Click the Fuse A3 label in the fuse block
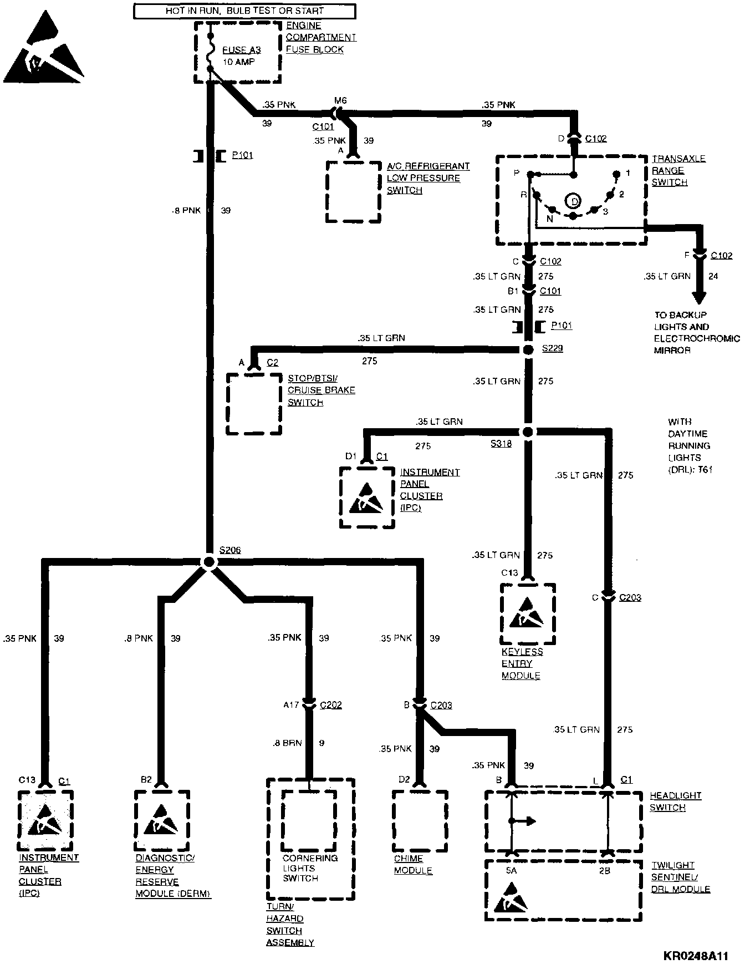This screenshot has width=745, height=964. click(241, 50)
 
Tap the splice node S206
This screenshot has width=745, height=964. click(209, 562)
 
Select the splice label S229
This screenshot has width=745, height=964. click(552, 349)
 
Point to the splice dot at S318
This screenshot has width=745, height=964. click(528, 432)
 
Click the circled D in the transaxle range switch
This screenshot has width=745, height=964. click(573, 200)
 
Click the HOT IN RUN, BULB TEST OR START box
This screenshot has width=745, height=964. click(244, 11)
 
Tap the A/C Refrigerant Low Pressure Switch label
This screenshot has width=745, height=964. click(427, 178)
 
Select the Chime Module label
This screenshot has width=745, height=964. click(412, 865)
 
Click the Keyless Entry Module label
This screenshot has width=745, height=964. click(522, 663)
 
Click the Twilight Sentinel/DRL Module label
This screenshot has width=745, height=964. click(680, 877)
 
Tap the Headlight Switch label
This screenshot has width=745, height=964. click(675, 801)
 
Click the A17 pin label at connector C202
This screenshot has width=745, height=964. click(291, 705)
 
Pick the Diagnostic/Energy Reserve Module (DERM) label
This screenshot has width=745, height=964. click(172, 876)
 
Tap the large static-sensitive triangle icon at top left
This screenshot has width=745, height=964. click(43, 47)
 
